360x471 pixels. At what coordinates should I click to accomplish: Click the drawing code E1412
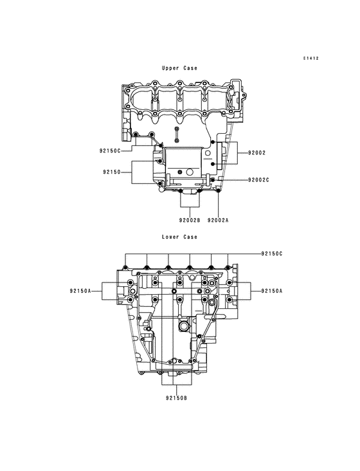(312, 59)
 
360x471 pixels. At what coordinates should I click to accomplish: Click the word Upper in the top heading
(170, 68)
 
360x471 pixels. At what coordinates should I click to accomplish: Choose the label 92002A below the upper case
(219, 219)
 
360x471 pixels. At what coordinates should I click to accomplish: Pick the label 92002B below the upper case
(190, 219)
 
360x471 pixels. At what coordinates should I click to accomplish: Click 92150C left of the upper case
(111, 151)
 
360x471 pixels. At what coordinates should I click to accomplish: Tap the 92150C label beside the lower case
(272, 254)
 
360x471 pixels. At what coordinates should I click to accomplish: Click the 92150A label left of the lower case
(82, 291)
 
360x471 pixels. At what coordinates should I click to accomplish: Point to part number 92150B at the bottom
(175, 398)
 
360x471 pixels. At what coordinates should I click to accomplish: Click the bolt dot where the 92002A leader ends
(219, 191)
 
